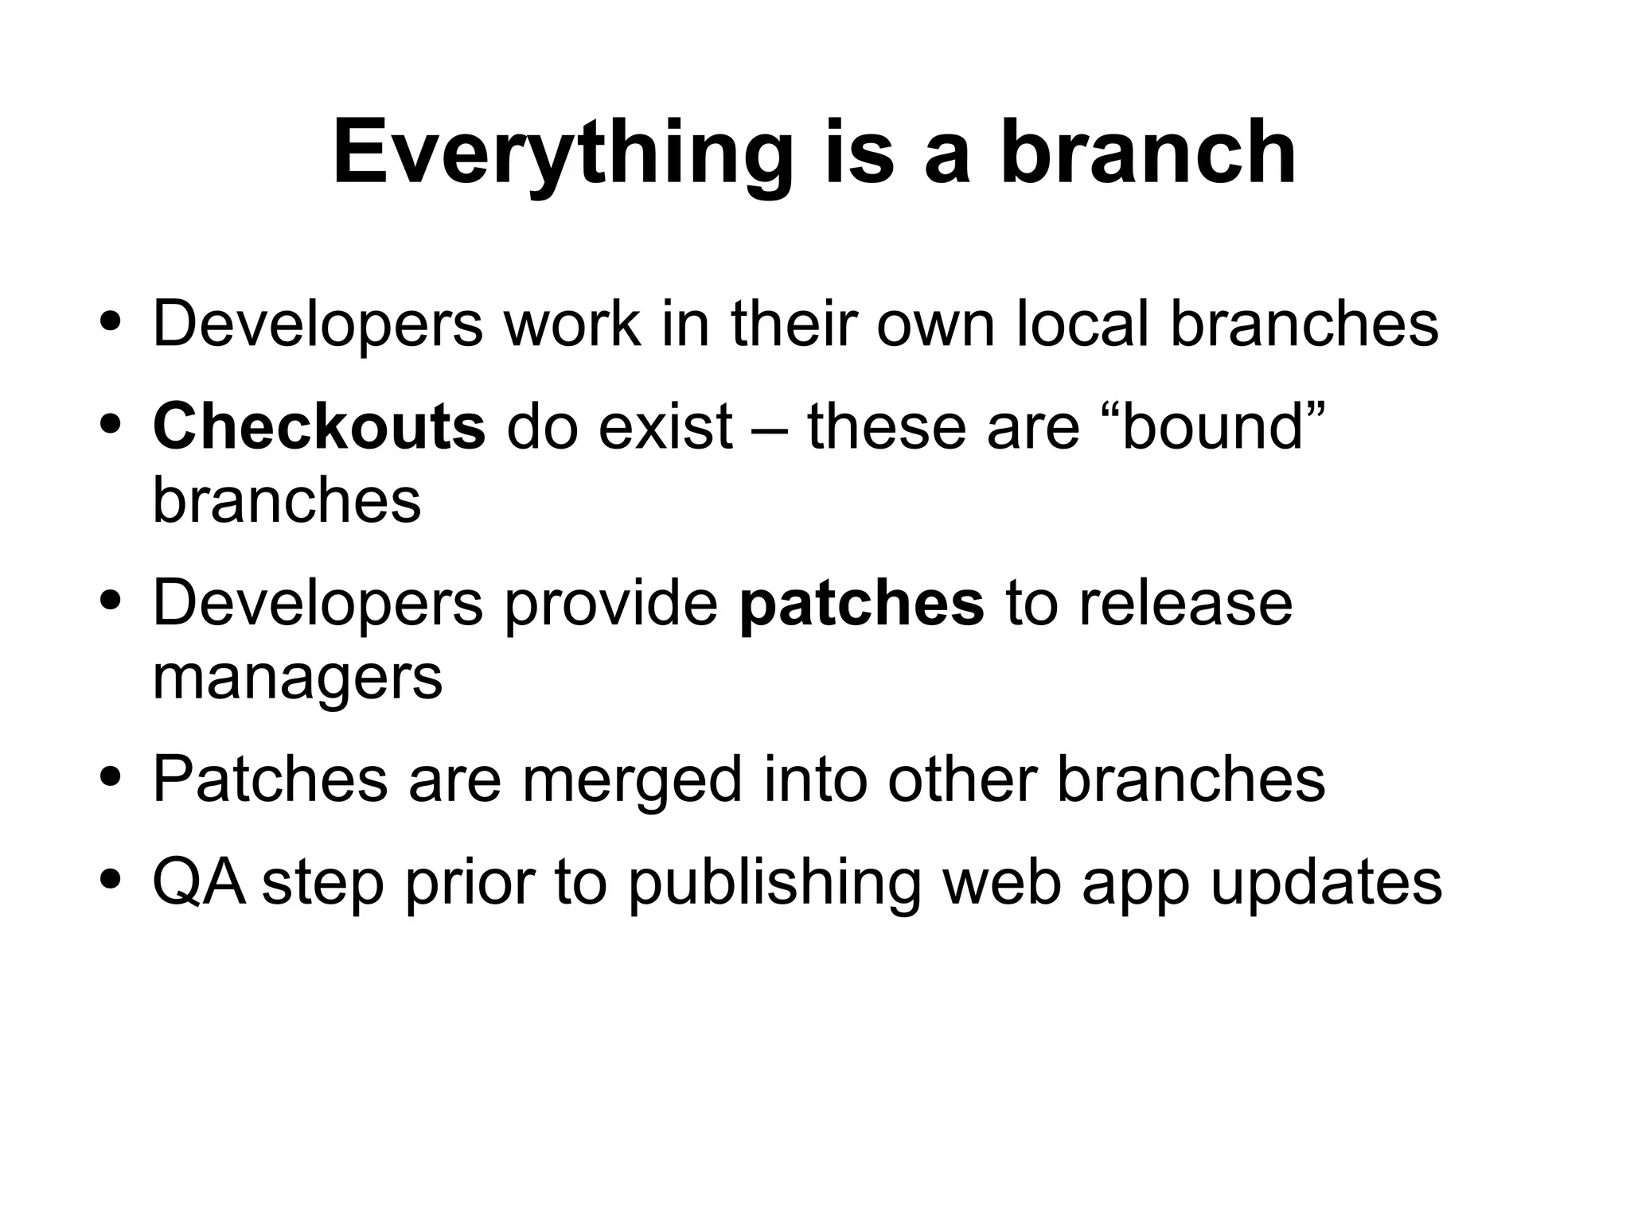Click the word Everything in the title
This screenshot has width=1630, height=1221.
[x=562, y=153]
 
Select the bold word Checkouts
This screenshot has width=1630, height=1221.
[x=318, y=426]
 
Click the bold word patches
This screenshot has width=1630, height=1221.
[x=861, y=603]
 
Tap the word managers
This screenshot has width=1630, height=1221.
[x=297, y=678]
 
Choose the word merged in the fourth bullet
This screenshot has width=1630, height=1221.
[x=632, y=779]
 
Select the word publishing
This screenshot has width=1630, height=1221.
[x=774, y=883]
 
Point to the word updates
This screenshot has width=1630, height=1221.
[x=1326, y=883]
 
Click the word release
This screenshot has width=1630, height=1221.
[x=1185, y=603]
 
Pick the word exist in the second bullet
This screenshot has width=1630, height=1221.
[x=665, y=426]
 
